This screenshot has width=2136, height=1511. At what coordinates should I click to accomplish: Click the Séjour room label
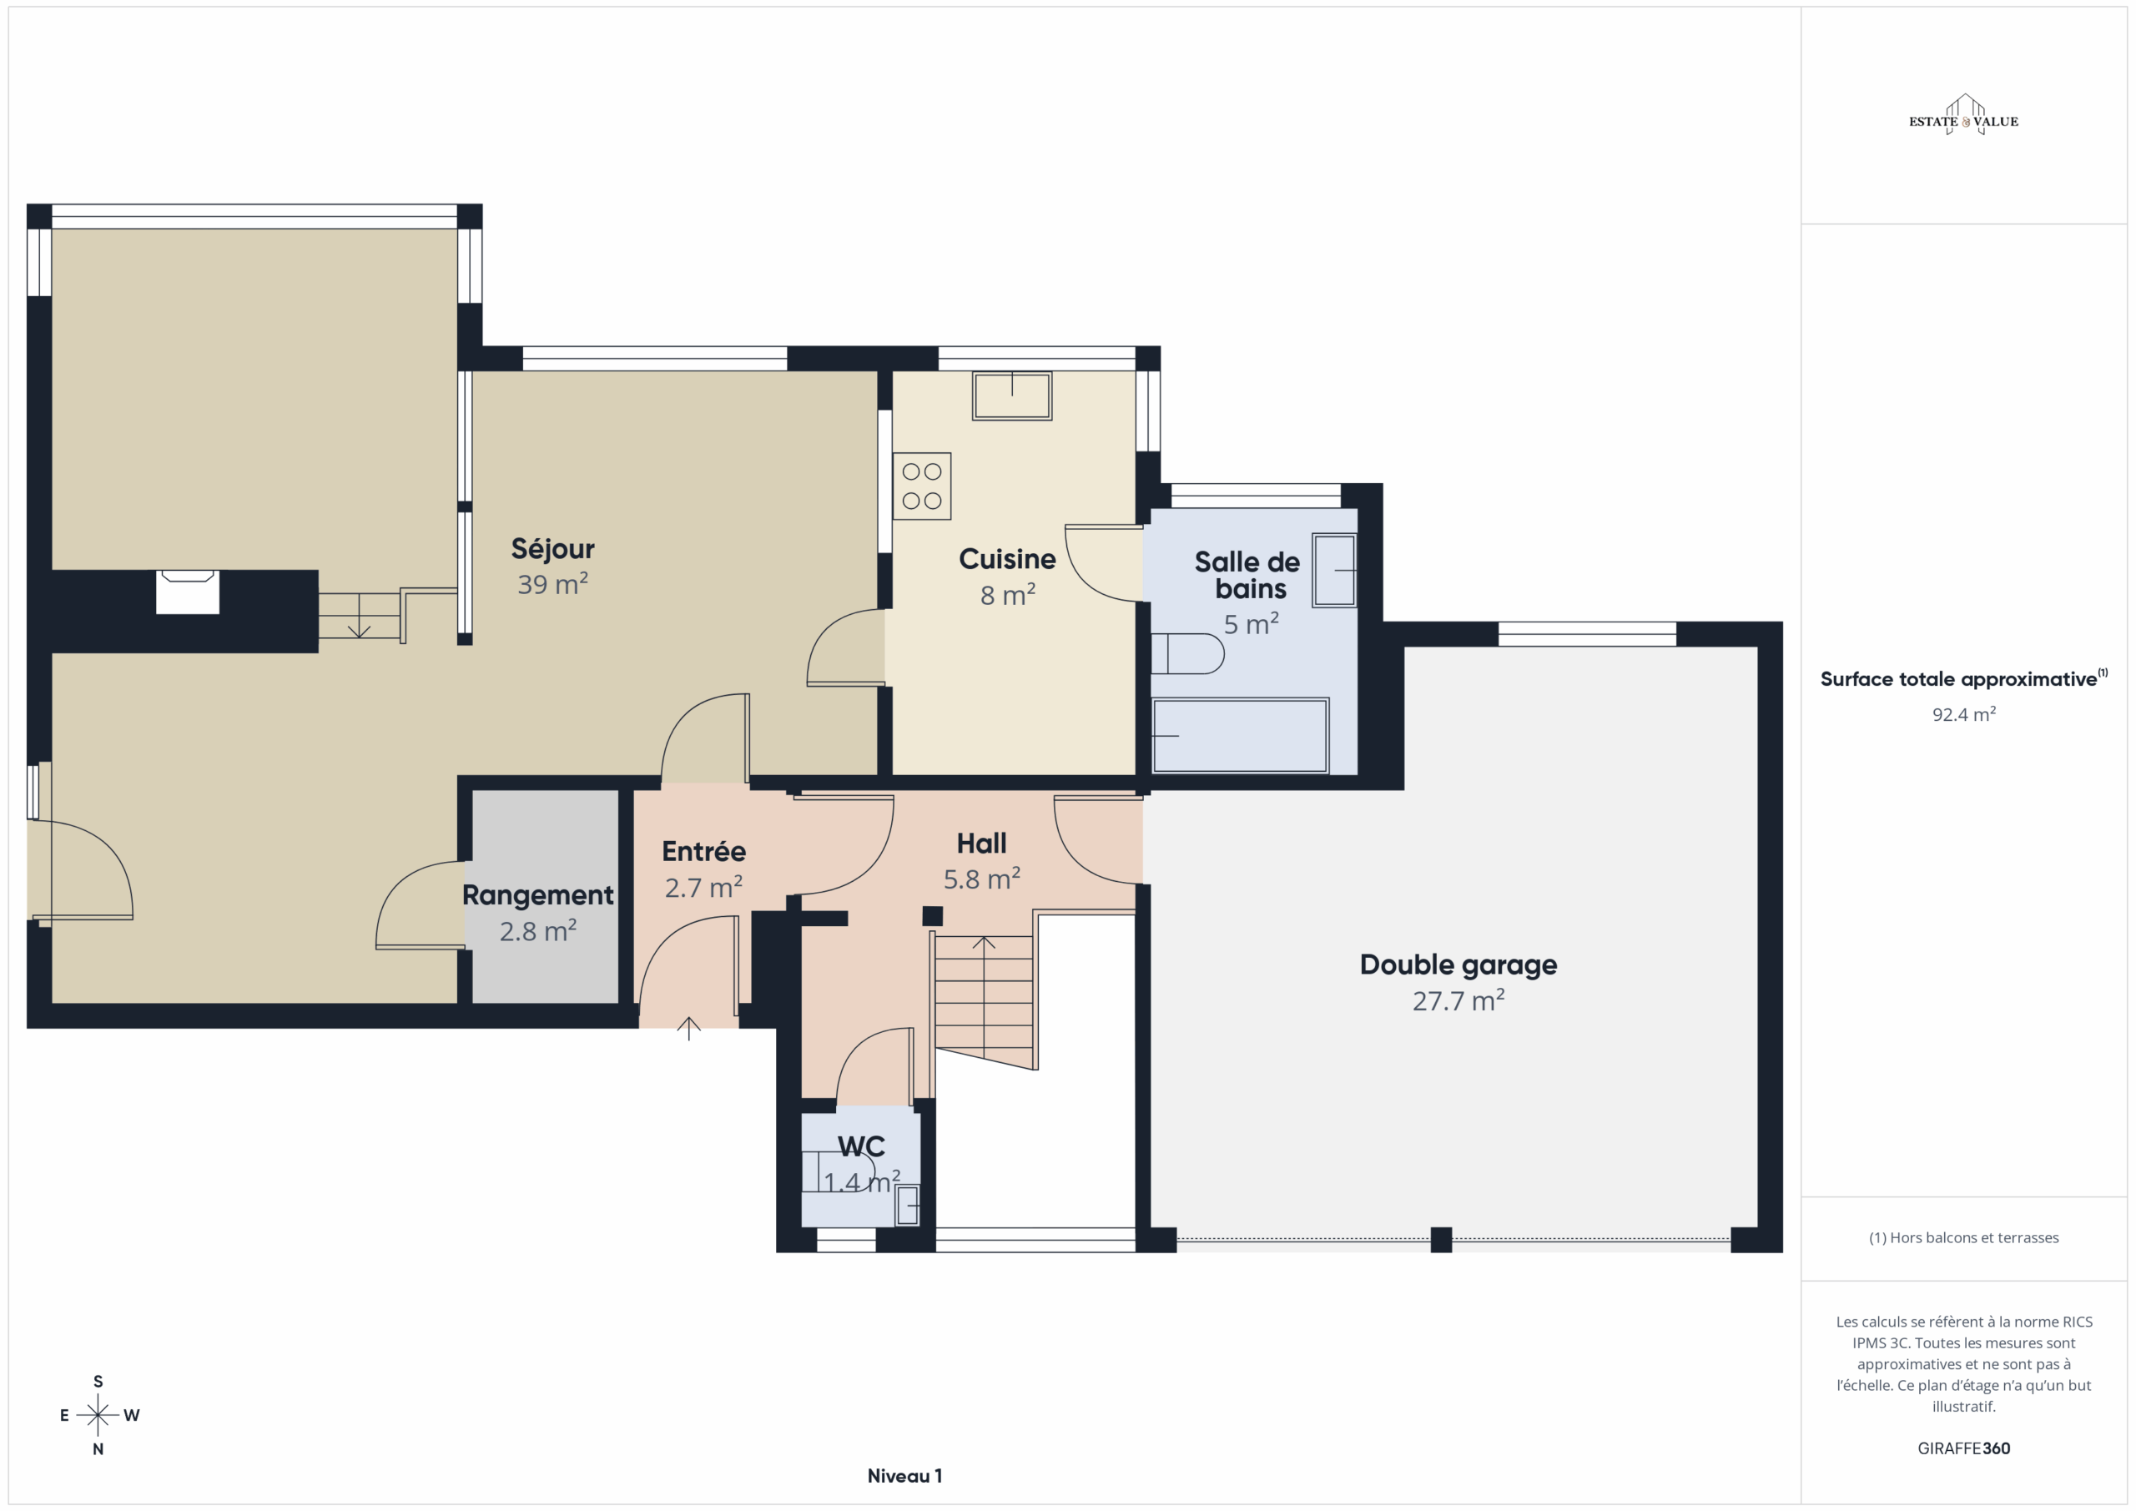pos(552,549)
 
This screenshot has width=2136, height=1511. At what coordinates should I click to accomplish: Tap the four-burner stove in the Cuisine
pos(922,486)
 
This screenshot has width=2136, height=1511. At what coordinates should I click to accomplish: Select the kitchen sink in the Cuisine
pos(1012,396)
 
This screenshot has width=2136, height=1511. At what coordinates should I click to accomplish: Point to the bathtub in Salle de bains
pos(1240,735)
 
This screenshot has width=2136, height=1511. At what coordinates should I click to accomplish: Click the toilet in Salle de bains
pos(1188,653)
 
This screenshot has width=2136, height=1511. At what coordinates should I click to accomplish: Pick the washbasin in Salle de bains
pos(1334,571)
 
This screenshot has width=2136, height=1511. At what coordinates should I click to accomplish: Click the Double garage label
pos(1458,965)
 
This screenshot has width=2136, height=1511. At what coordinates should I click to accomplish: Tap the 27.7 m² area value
pos(1458,1001)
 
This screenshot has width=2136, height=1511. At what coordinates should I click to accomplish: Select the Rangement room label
pos(537,895)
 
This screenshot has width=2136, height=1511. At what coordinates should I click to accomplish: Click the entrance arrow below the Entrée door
pos(688,1028)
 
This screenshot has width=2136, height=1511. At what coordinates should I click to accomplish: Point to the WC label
pos(861,1146)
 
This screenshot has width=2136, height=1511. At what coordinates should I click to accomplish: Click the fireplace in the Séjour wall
pos(188,592)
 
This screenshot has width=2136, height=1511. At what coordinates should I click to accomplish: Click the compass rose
pos(98,1415)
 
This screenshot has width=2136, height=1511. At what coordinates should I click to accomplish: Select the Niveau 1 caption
pos(904,1476)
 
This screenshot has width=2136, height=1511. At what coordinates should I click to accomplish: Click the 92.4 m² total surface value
pos(1964,714)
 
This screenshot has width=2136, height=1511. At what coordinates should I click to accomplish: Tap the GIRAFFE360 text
pos(1964,1448)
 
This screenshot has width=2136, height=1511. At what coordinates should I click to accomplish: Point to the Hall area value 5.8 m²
pos(981,879)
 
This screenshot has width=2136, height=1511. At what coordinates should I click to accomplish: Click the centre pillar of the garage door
pos(1441,1240)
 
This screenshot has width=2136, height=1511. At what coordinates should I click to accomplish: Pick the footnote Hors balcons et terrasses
pos(1964,1237)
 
